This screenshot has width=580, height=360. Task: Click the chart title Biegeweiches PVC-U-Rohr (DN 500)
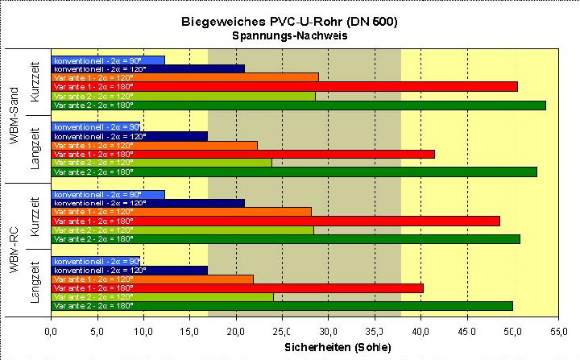[289, 23]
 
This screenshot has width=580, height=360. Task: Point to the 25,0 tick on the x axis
[282, 330]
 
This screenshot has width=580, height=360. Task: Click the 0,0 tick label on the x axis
[51, 330]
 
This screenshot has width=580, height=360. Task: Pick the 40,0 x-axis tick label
[420, 330]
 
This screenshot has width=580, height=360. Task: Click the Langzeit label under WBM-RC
[35, 283]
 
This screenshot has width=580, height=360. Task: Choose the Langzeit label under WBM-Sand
[35, 150]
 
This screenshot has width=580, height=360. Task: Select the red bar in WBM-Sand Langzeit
[242, 154]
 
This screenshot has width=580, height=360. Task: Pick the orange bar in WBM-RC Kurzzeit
[181, 212]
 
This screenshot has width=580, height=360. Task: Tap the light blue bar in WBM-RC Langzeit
[95, 262]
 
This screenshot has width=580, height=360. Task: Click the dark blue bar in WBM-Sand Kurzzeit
[147, 68]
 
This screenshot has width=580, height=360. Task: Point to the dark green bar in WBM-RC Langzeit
[282, 305]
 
